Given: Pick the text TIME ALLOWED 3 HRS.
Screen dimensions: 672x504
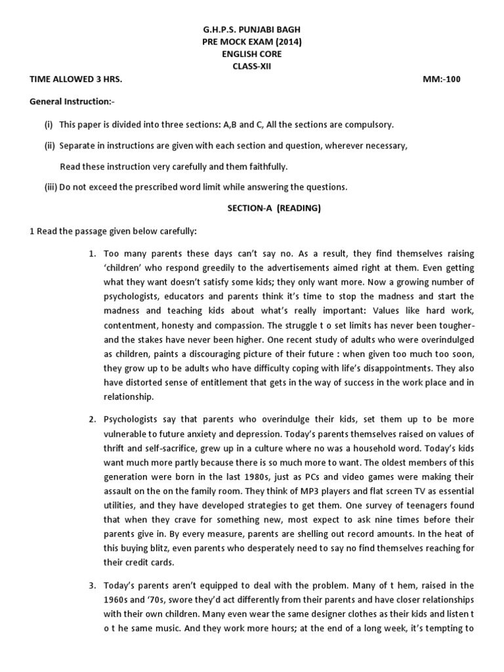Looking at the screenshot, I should point(76,79).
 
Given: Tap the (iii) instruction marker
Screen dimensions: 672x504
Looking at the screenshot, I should point(51,187).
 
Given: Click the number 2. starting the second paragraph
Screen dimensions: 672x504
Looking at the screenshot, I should point(93,419).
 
